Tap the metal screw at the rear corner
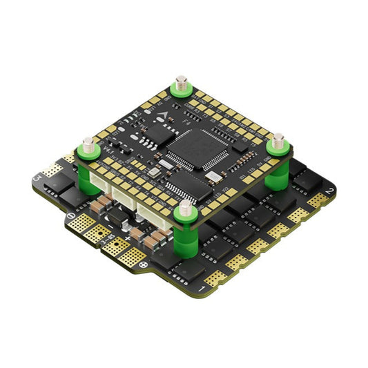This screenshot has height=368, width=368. [x=182, y=84]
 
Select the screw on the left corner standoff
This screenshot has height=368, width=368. [x=88, y=145]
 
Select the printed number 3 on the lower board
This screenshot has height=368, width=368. [x=37, y=178]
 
